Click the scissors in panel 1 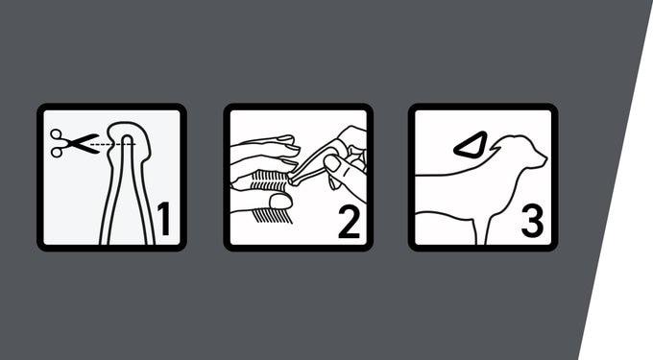tap(74, 144)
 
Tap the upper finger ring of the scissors tap(57, 135)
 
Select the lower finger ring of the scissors tap(57, 152)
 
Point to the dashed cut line tap(112, 144)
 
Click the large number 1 tap(164, 219)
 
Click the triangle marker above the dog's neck tap(471, 145)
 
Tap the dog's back tap(449, 173)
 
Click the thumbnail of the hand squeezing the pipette tap(332, 163)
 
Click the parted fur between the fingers tap(269, 180)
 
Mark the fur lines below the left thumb tap(272, 215)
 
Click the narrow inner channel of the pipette tap(128, 187)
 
